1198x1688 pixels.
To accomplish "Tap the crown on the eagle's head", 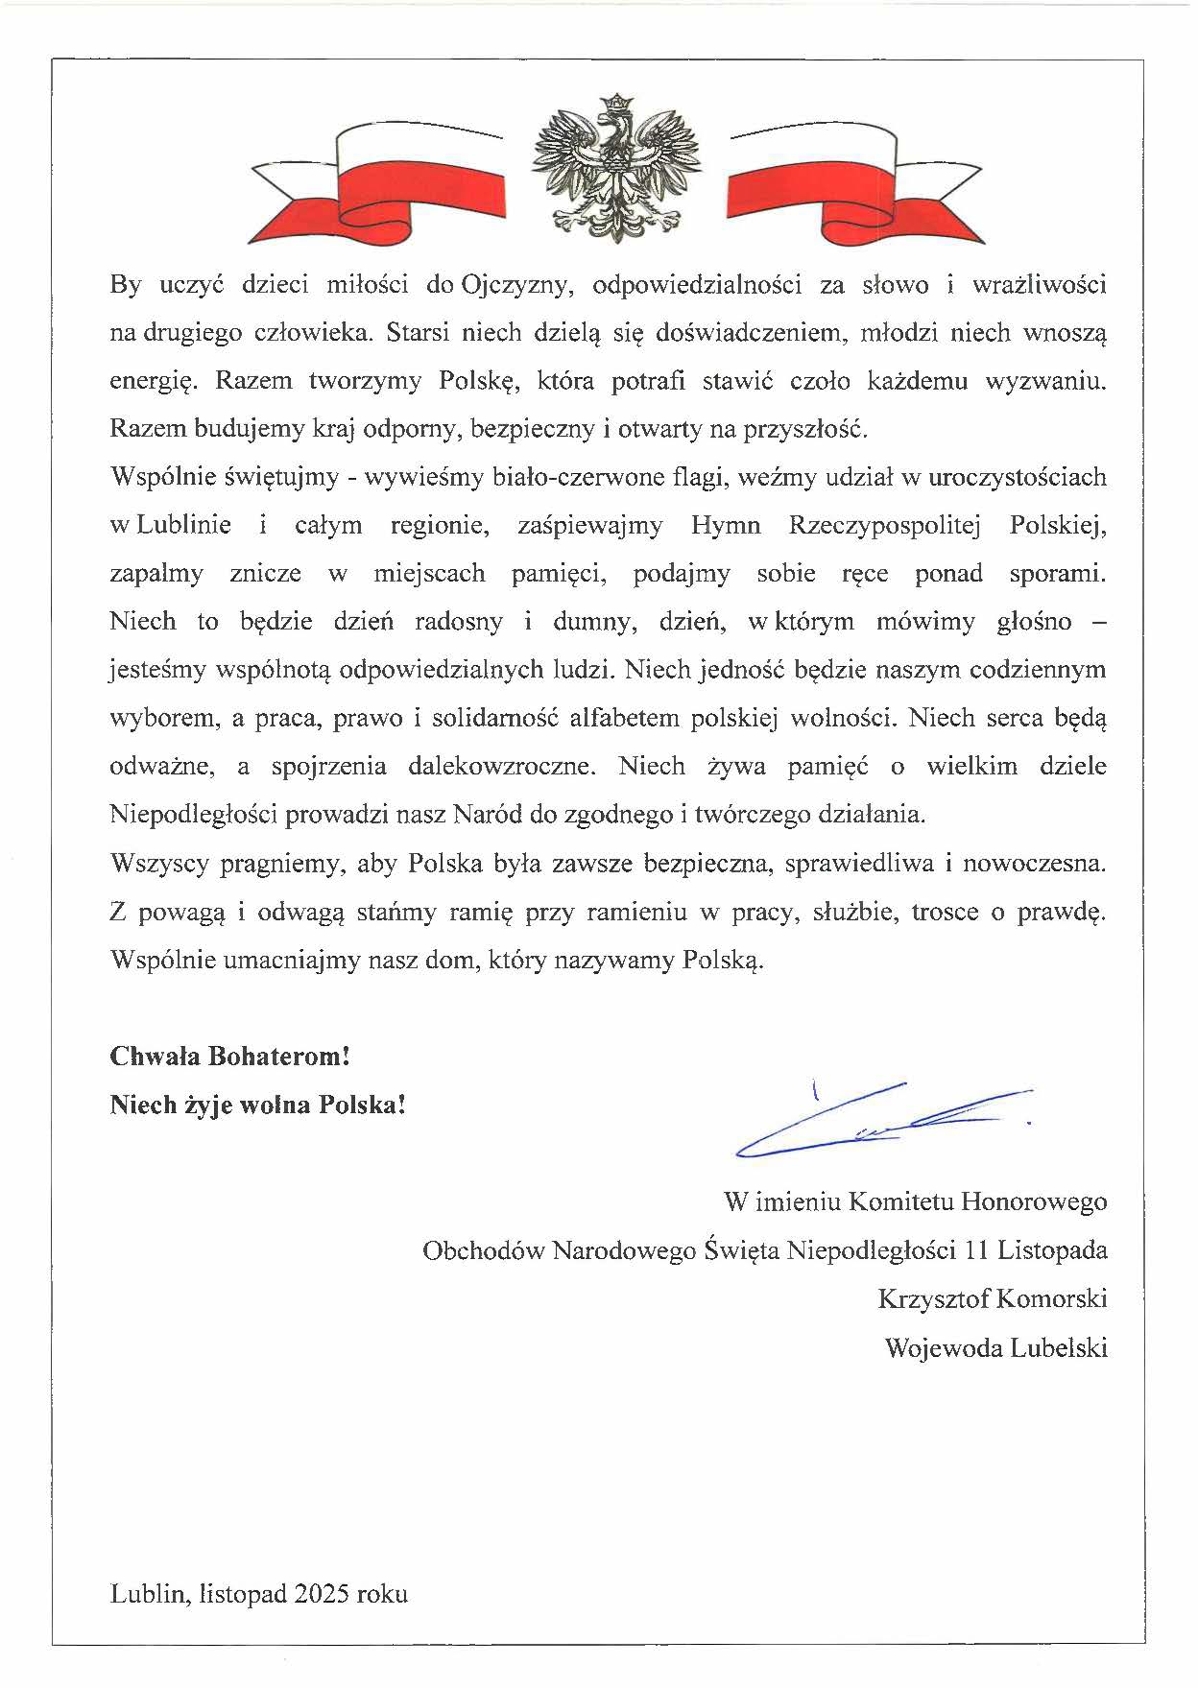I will (617, 101).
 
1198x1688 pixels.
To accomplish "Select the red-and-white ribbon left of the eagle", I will (376, 182).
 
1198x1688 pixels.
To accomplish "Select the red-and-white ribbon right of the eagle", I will (854, 182).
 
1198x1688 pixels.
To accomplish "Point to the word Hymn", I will (725, 526).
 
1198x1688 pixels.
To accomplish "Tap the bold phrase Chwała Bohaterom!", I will (229, 1057).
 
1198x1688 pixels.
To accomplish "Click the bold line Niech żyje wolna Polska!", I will (258, 1105).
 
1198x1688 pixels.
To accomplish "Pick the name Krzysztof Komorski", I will (992, 1299).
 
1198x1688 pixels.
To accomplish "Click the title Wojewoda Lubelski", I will (995, 1348).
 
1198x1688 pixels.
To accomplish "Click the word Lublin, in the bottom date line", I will (149, 1594).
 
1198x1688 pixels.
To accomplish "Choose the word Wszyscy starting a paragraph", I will (158, 863).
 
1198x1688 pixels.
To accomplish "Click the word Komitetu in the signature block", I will (902, 1201).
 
